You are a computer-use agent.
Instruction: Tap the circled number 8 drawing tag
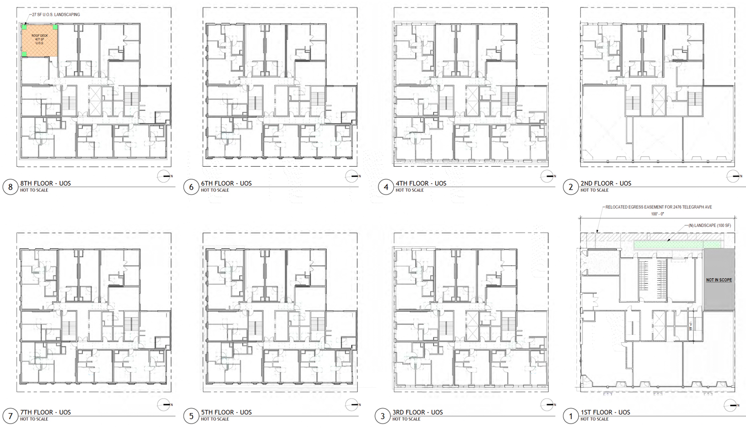tap(10, 187)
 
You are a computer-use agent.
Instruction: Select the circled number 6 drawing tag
tap(191, 187)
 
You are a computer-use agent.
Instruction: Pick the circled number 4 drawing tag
tap(386, 187)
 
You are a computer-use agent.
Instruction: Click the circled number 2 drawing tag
tap(570, 187)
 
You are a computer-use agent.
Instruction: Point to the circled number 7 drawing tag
tap(10, 416)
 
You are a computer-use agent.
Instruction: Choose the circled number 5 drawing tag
tap(191, 416)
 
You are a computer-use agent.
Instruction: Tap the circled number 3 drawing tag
tap(382, 416)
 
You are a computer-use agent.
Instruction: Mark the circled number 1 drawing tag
tap(570, 416)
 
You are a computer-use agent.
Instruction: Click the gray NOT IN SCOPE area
tap(719, 280)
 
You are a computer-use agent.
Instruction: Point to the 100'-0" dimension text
tap(657, 214)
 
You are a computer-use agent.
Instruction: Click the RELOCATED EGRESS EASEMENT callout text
tap(658, 207)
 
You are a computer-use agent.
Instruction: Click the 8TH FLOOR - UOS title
tap(45, 183)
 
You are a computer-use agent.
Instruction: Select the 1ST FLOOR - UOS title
tap(605, 412)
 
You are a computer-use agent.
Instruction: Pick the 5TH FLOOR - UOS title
tap(226, 412)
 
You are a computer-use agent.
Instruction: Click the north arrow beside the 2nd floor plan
tap(734, 176)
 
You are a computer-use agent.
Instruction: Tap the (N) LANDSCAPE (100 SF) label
tap(710, 225)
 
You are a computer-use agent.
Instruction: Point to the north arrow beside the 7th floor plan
tap(165, 405)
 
